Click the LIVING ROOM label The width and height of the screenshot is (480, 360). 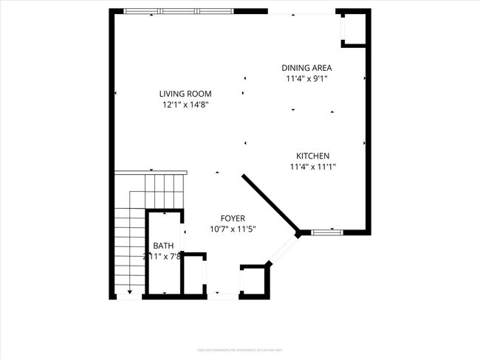point(186,94)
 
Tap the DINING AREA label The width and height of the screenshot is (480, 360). point(306,67)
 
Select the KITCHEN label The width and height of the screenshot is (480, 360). point(312,156)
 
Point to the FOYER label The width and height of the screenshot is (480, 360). point(233,218)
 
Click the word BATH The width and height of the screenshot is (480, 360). point(162,246)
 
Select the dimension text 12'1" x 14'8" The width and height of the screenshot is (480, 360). point(186,105)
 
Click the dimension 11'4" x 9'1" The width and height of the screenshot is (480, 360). point(306,78)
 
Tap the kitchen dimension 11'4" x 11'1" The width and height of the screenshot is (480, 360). point(312,167)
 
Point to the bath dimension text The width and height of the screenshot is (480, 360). point(162,257)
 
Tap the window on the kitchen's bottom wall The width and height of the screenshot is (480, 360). point(327,232)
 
